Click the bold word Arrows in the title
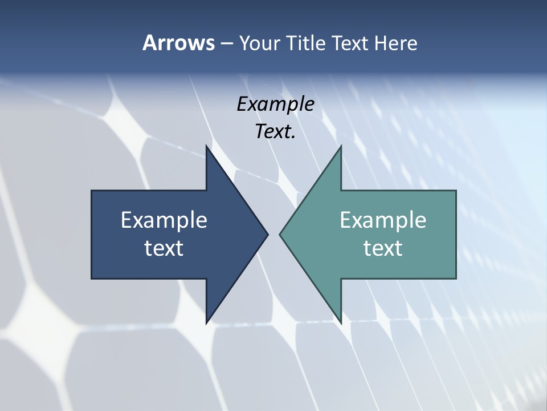click(178, 43)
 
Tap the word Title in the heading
click(307, 43)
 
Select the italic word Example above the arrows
click(275, 104)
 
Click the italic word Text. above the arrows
click(275, 131)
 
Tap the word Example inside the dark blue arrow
click(164, 220)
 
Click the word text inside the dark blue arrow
click(164, 248)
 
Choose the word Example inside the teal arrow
click(383, 220)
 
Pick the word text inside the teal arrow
click(383, 248)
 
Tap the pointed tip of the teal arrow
click(280, 234)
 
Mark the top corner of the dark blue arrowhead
click(207, 147)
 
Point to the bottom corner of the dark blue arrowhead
click(207, 322)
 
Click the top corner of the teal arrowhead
click(340, 147)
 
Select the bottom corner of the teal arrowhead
click(340, 322)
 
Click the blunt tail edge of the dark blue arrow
click(92, 234)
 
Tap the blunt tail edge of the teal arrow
click(455, 234)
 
